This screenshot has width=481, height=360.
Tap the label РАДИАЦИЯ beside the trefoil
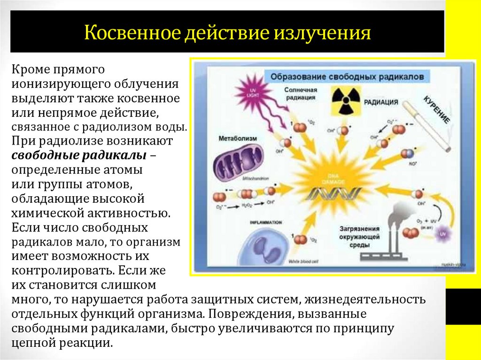[x=384, y=101]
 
